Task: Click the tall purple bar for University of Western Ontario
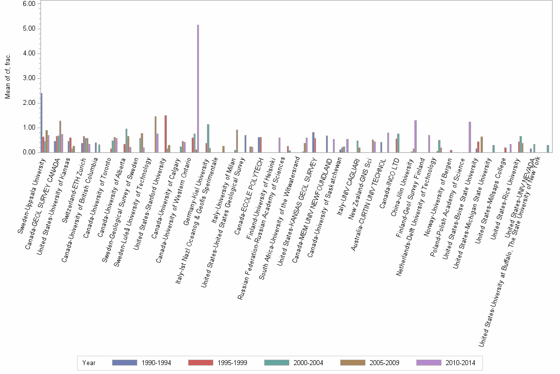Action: tap(198, 89)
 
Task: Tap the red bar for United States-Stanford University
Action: tap(165, 134)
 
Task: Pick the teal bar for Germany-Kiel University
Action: tap(208, 139)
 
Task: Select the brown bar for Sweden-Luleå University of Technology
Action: tap(156, 134)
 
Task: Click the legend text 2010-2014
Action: tap(459, 363)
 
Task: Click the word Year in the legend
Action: tap(89, 363)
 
